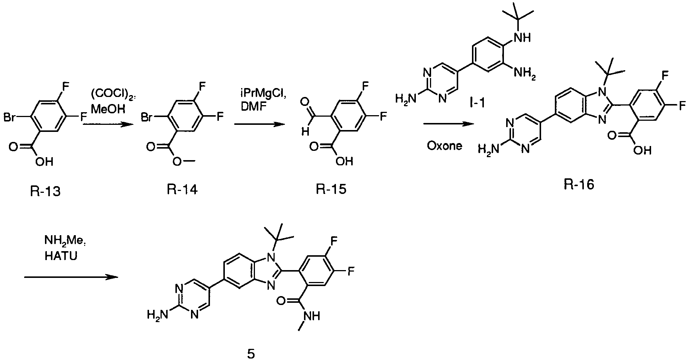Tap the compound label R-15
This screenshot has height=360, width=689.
(331, 189)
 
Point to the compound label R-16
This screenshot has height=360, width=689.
(579, 184)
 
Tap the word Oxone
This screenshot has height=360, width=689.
(444, 146)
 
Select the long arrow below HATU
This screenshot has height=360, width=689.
(71, 277)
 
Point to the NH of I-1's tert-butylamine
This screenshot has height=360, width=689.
(521, 38)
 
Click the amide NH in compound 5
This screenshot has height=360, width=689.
(311, 315)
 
